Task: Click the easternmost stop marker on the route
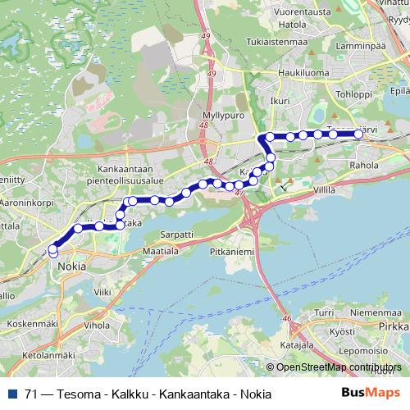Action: pyautogui.click(x=358, y=134)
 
